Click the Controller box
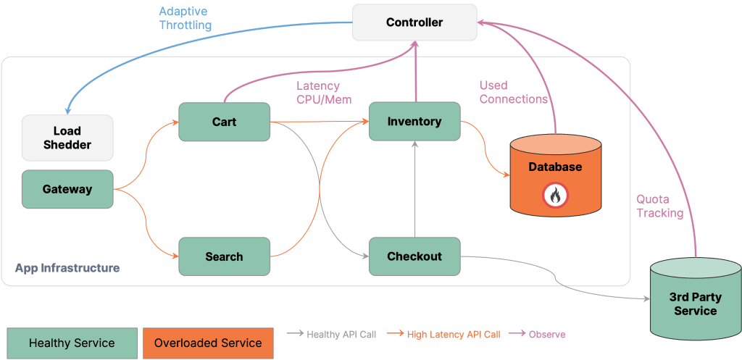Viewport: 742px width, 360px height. (x=414, y=22)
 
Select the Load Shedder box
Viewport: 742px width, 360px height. (x=67, y=138)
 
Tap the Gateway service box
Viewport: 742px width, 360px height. (x=67, y=189)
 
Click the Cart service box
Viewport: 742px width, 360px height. (x=224, y=122)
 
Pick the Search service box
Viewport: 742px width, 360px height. (x=224, y=256)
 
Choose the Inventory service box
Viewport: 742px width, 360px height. (x=414, y=122)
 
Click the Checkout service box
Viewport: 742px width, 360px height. (x=414, y=256)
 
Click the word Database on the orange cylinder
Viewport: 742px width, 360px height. (x=555, y=167)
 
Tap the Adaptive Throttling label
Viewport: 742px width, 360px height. (x=185, y=18)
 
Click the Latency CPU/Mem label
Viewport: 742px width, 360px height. (x=323, y=92)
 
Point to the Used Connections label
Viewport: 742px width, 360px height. (x=513, y=92)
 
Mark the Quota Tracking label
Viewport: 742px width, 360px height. (x=659, y=206)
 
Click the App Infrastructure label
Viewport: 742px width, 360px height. (x=67, y=268)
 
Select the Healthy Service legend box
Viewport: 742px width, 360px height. (x=72, y=343)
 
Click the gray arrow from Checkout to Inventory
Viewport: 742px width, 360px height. (x=414, y=188)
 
